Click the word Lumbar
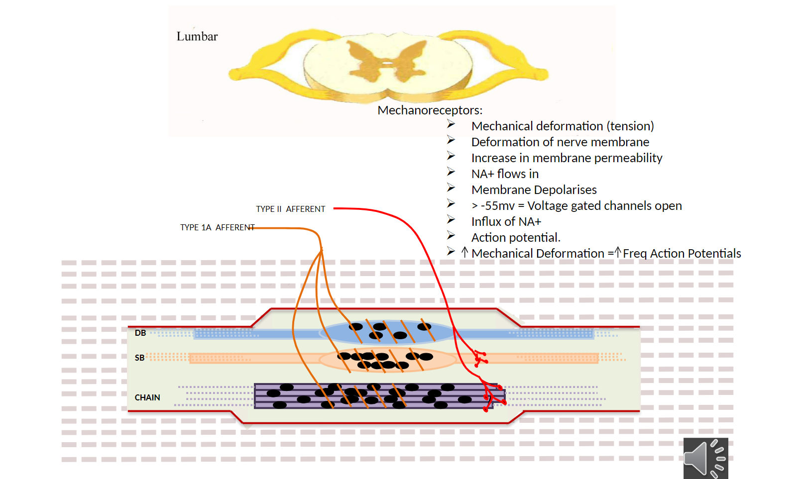197,37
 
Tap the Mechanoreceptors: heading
430,110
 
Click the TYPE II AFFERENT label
290,209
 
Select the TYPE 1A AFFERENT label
217,228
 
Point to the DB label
140,333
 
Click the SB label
139,358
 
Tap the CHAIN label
147,398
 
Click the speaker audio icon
705,458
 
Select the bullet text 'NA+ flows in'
505,174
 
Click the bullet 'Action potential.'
516,238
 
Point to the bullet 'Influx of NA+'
506,222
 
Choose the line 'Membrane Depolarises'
534,190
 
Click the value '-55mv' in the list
497,206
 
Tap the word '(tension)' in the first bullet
630,126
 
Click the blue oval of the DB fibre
388,332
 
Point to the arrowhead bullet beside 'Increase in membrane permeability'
451,156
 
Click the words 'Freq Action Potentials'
682,254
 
